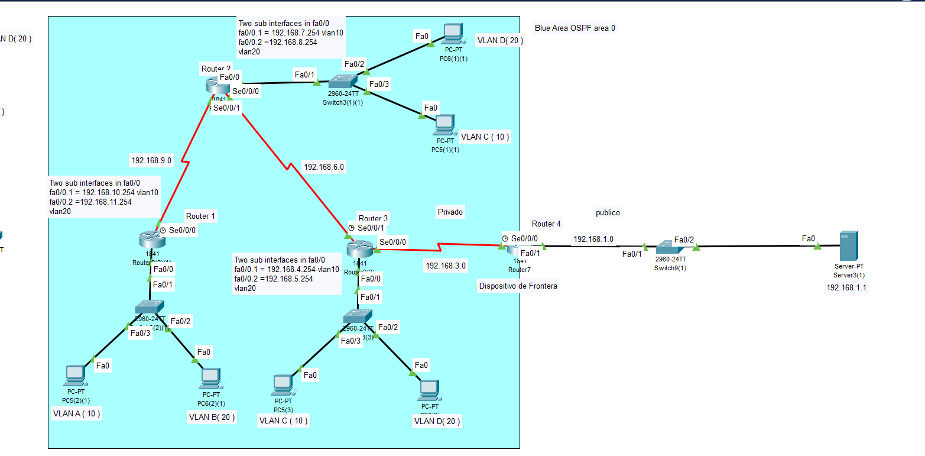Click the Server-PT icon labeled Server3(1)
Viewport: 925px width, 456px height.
(x=849, y=246)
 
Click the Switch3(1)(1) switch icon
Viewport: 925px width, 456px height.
(x=343, y=80)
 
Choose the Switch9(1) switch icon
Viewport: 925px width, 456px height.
(x=670, y=247)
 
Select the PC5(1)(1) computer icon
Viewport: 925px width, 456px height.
(x=445, y=124)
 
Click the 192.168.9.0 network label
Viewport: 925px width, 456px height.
(x=151, y=160)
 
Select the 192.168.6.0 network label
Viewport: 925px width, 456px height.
(x=324, y=167)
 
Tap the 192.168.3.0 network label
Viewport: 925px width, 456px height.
(x=446, y=266)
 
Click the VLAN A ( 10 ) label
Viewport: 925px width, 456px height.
(x=76, y=414)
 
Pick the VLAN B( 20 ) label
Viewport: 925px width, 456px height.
(x=212, y=417)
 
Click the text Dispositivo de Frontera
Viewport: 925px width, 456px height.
(x=518, y=286)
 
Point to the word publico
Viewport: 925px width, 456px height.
(x=608, y=212)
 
